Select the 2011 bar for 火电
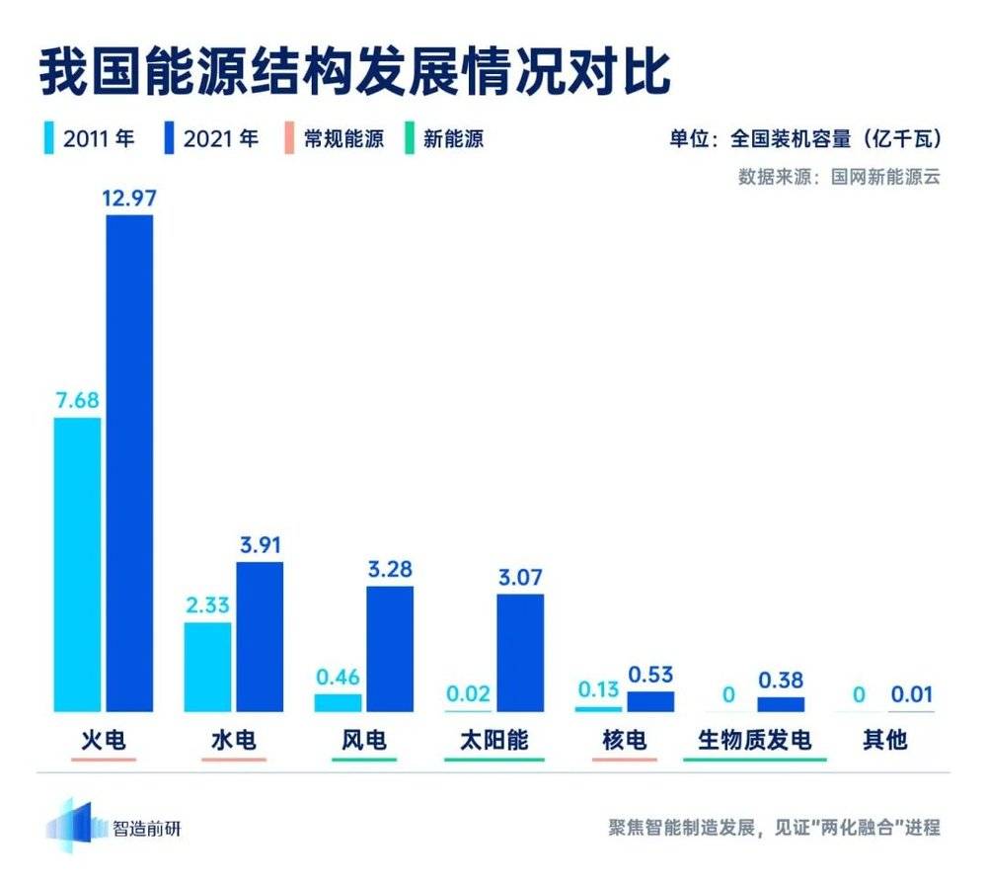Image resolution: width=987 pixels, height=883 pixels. (77, 564)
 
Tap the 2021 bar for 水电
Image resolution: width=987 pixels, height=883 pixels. (260, 636)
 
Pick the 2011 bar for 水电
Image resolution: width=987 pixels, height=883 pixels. (207, 666)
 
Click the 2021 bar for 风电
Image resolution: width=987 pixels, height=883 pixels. (390, 648)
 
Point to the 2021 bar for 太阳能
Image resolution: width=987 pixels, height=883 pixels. (520, 652)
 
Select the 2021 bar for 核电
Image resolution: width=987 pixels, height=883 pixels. (650, 700)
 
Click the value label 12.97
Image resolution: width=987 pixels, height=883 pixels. (129, 199)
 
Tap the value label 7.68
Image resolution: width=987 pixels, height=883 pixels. (77, 400)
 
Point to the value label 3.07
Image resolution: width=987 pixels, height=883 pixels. (520, 577)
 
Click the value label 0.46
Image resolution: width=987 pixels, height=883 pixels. (338, 678)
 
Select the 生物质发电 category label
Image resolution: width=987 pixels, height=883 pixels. (754, 739)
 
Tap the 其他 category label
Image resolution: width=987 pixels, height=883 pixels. (883, 739)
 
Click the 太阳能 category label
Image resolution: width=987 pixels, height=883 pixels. (493, 739)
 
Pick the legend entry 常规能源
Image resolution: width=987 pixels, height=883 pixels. (342, 138)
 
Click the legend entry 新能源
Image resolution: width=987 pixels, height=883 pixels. (452, 138)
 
